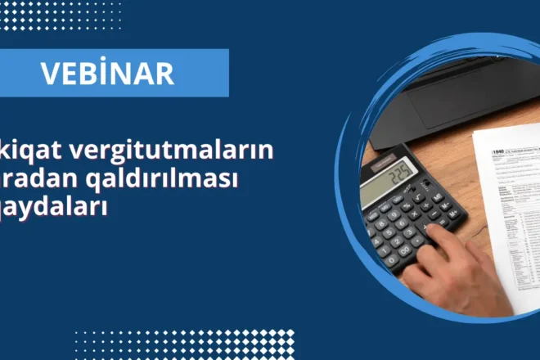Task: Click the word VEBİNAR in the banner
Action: [108, 73]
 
